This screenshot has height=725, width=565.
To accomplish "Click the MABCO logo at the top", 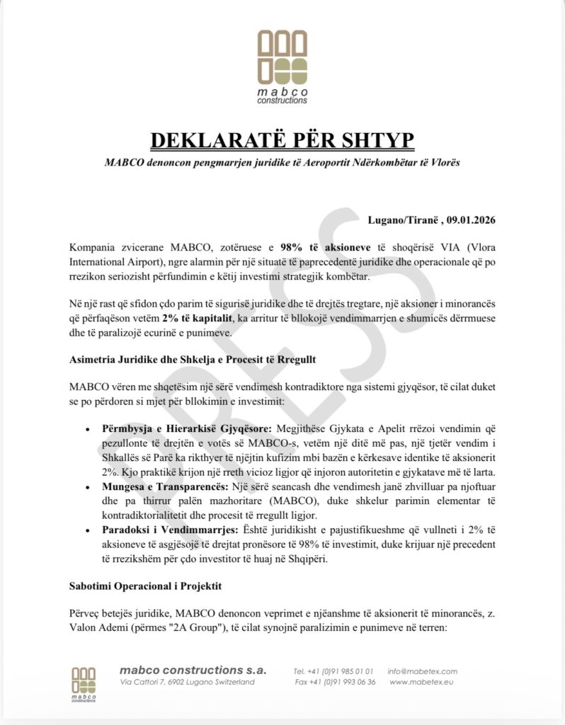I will (282, 67).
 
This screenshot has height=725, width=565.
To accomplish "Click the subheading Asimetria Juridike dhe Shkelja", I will (193, 360).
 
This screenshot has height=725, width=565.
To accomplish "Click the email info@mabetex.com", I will (423, 671).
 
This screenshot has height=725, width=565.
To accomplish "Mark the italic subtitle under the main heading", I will (282, 163).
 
